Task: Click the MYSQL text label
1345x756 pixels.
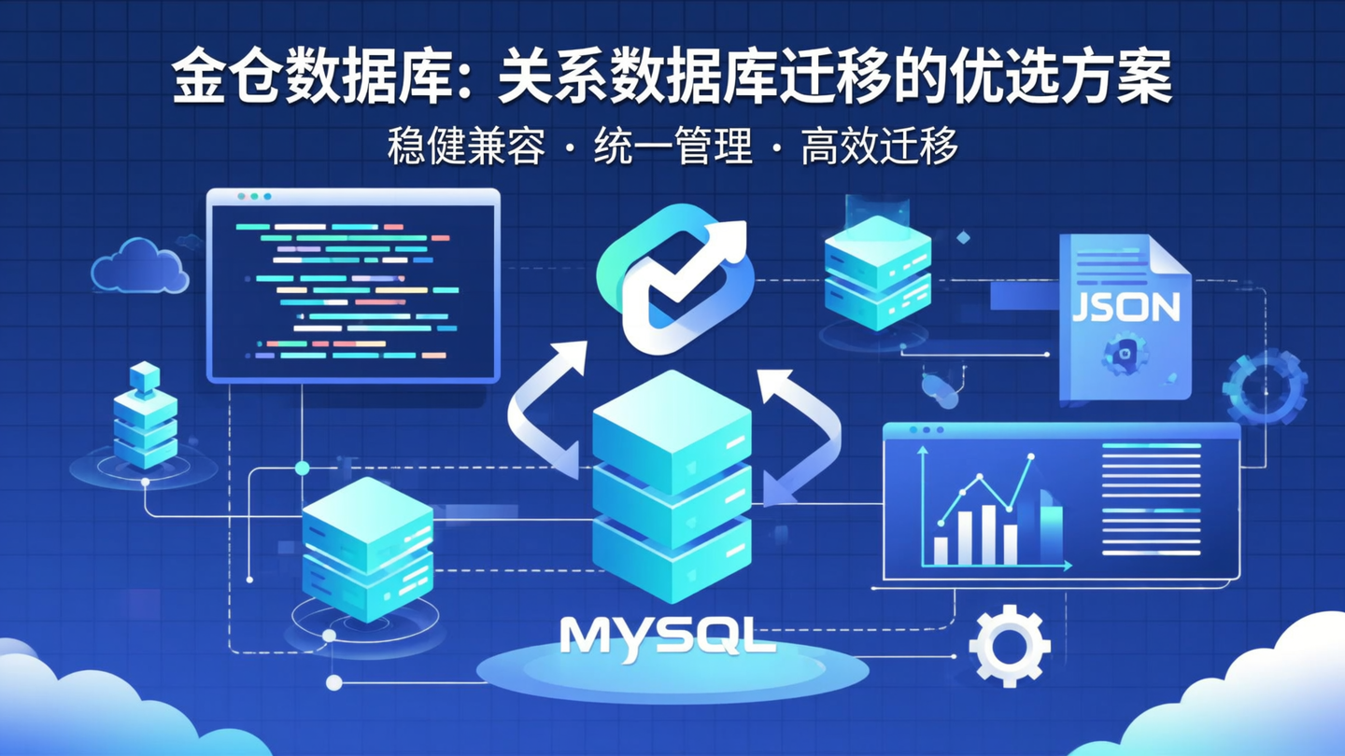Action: coord(667,636)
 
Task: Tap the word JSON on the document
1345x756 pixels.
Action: coord(1126,306)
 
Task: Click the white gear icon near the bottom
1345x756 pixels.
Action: coord(1009,645)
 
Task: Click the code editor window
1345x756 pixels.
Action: coord(353,285)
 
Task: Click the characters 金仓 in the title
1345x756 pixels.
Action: coord(229,82)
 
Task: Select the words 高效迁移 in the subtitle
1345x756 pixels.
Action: coord(879,147)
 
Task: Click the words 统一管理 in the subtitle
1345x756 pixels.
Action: coord(673,147)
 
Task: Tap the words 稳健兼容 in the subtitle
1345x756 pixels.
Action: coord(466,147)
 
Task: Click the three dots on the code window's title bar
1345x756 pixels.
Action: coord(254,197)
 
